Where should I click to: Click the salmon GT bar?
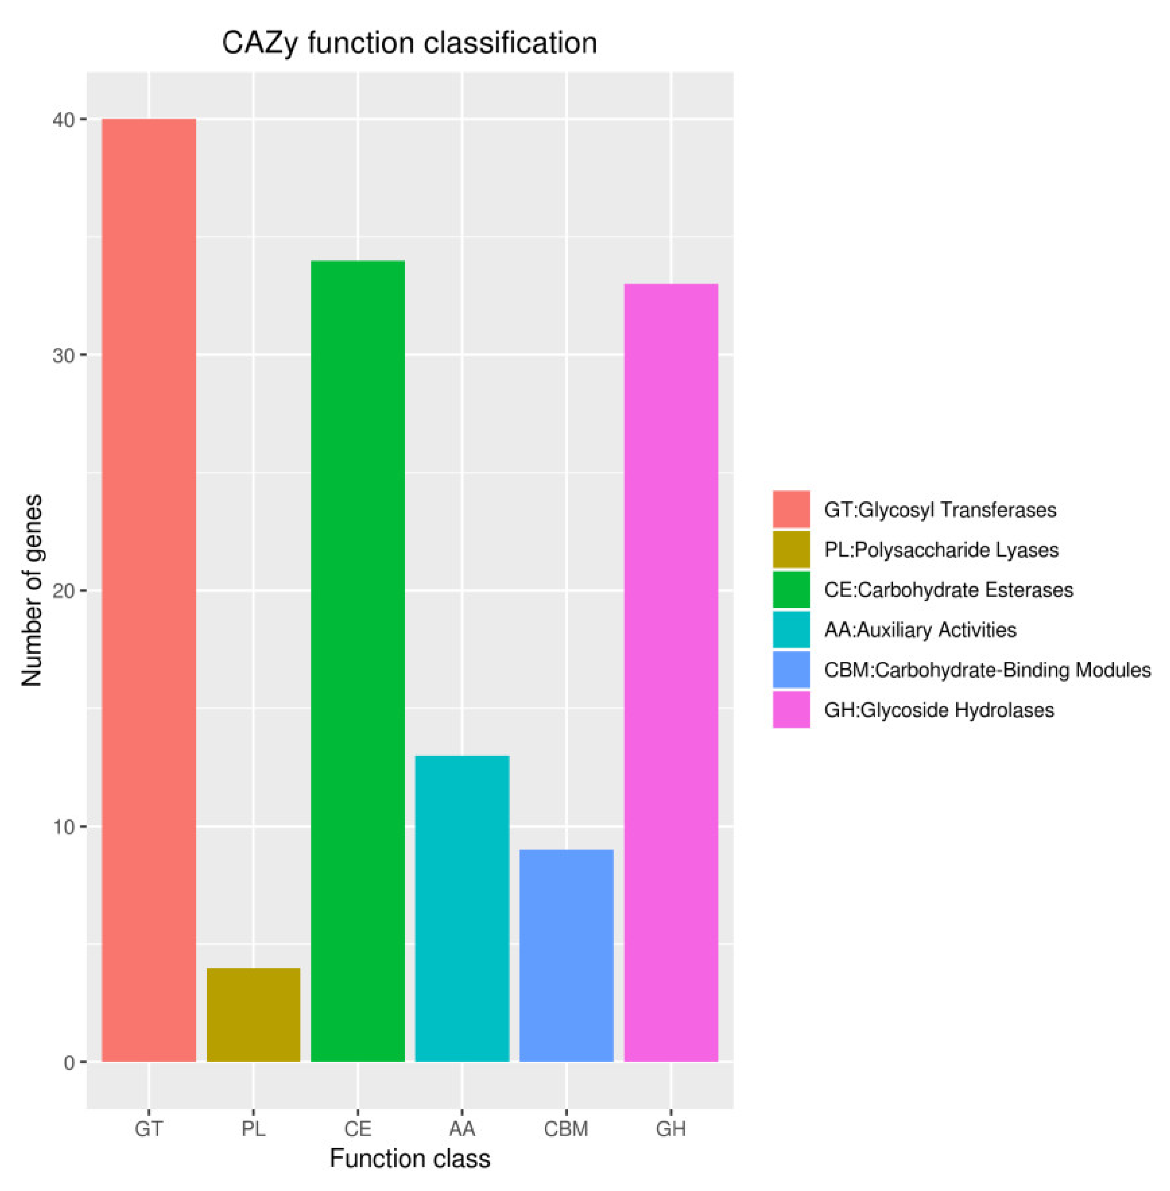click(149, 590)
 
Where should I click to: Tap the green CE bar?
click(358, 661)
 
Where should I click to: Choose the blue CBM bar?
click(566, 955)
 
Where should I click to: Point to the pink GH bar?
click(671, 672)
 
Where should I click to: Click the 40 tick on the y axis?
click(63, 120)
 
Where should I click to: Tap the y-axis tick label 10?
click(63, 827)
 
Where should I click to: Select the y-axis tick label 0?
click(69, 1062)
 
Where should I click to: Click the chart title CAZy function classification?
click(409, 43)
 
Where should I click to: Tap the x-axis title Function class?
click(409, 1158)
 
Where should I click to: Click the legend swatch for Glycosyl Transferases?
click(791, 509)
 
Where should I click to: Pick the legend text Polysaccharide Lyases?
click(941, 549)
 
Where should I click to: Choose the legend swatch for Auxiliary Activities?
click(791, 629)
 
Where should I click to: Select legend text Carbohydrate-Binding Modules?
click(987, 669)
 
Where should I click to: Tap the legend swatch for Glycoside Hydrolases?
click(791, 709)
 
